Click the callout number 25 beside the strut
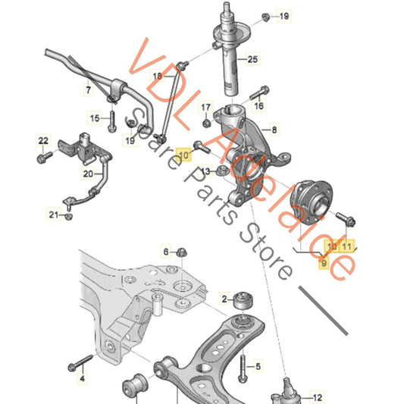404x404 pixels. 252,60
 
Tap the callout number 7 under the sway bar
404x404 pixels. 89,90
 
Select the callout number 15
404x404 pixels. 95,118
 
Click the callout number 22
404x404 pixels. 43,141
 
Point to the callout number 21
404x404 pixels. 54,215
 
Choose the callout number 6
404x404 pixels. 166,252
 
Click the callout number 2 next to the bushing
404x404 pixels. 224,299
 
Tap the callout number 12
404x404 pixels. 317,398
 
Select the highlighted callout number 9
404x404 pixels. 324,263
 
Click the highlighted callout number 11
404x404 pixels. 346,246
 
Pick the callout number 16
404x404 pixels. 258,105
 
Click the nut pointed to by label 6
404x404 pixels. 182,252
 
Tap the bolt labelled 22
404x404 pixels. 45,157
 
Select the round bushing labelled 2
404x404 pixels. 243,300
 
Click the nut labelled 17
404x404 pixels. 207,124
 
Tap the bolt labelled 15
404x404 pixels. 112,121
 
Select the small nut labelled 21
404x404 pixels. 68,216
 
